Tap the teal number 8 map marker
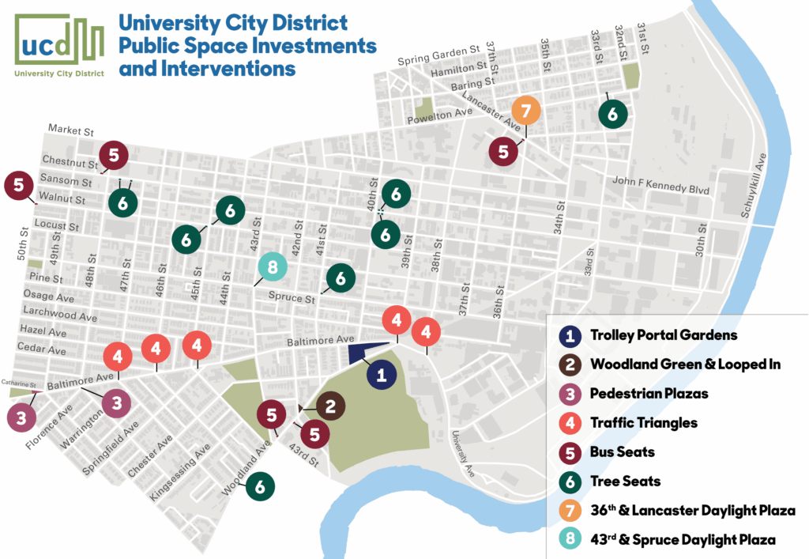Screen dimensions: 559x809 point(272,268)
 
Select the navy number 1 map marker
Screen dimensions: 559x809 point(382,375)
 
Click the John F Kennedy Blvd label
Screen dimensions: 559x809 point(660,187)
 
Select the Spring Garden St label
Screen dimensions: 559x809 point(439,58)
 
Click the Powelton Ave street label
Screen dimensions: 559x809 point(438,116)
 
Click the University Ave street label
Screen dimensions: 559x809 point(463,453)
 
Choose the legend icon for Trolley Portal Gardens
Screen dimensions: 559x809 point(573,335)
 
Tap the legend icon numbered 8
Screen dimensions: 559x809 point(573,539)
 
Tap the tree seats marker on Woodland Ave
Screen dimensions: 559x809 point(260,486)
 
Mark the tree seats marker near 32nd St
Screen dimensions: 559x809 point(612,113)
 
